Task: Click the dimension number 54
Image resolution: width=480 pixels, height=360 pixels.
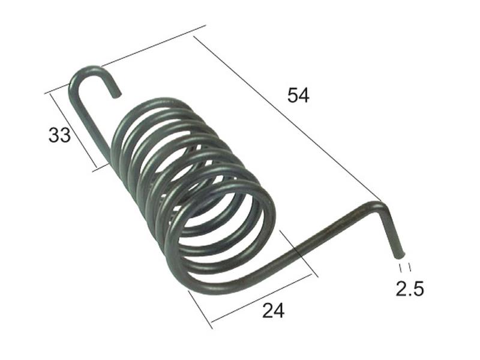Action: [298, 95]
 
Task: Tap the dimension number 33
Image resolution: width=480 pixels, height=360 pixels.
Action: [59, 135]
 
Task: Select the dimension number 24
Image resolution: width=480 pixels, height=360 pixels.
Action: [273, 310]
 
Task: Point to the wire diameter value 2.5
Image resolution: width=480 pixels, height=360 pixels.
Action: [410, 289]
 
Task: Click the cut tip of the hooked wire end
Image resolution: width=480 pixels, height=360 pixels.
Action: [118, 94]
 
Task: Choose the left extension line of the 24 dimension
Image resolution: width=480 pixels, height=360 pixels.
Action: [200, 309]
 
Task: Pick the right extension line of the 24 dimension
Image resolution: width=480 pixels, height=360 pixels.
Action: [297, 252]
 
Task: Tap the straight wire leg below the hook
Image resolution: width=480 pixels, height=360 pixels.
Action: [90, 120]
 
